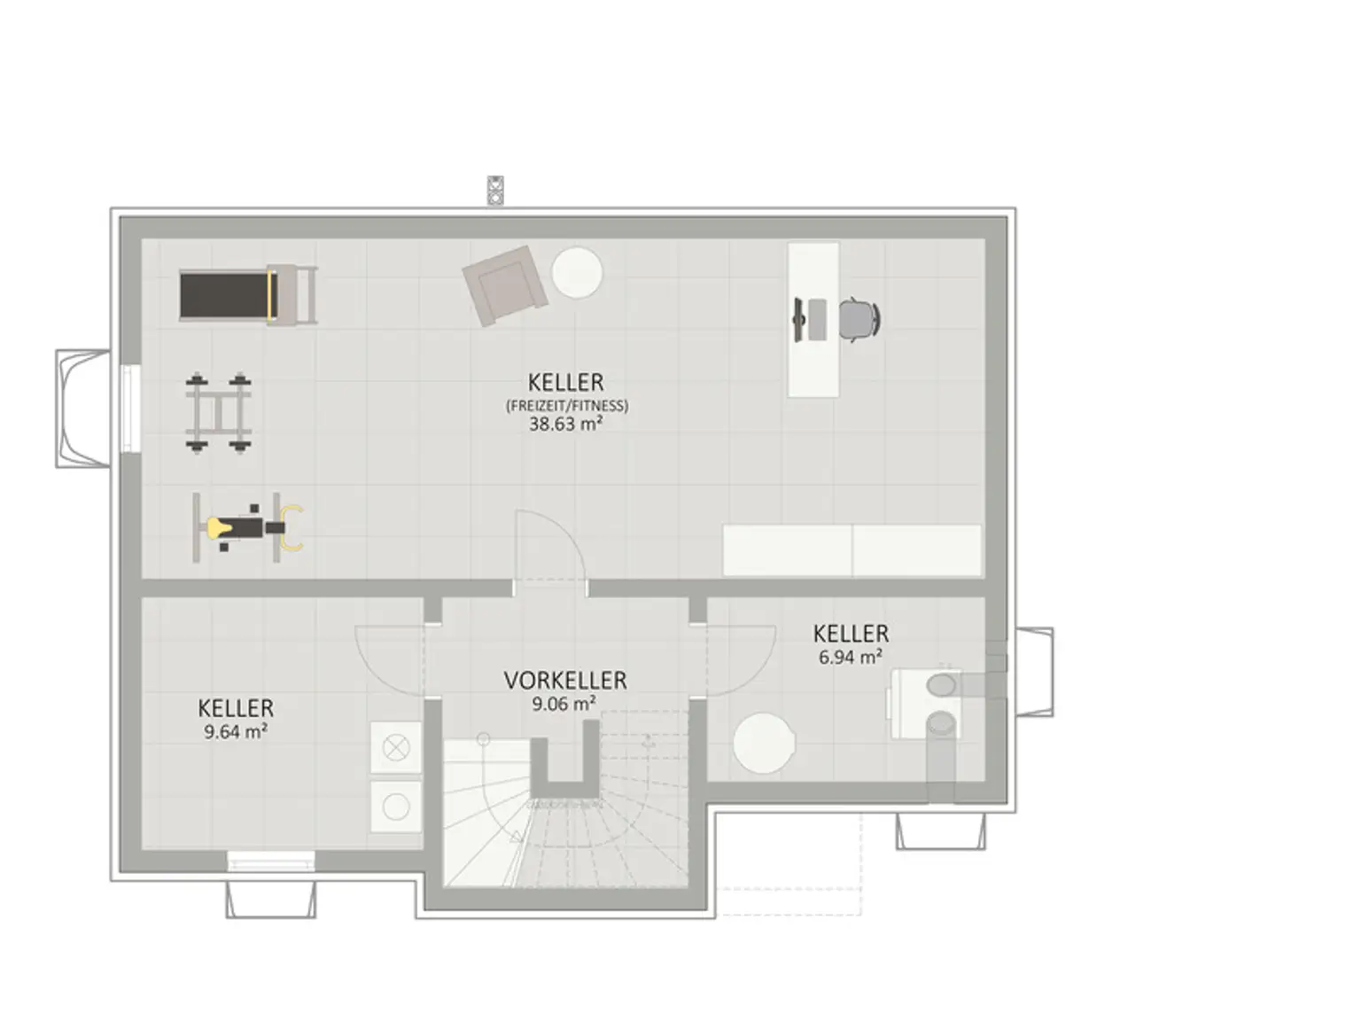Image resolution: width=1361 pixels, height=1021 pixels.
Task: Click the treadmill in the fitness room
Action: tap(248, 295)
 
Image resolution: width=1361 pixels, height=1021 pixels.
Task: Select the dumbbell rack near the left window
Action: tap(218, 412)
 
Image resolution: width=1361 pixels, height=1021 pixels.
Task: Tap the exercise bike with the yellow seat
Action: tap(247, 527)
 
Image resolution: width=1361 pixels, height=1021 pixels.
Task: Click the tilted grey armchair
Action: tap(505, 284)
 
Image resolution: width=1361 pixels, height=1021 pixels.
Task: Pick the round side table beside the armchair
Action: tap(577, 273)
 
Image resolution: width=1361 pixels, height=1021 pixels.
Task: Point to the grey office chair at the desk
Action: tap(860, 319)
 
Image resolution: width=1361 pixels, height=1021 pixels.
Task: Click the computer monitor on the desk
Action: tap(799, 319)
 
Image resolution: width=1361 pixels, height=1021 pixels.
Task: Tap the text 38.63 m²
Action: tap(565, 424)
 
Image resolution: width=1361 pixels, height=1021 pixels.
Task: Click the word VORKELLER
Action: tap(564, 681)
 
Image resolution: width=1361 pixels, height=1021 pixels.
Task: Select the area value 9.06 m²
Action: tap(564, 704)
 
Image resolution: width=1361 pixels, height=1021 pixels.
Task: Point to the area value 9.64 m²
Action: tap(236, 731)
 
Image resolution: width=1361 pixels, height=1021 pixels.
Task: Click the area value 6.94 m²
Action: tap(850, 657)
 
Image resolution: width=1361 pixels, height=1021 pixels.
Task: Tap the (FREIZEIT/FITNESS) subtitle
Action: tap(567, 406)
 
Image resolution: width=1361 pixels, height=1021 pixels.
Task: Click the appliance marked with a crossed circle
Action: tap(396, 748)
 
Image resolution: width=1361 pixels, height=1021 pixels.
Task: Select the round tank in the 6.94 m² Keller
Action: tap(764, 744)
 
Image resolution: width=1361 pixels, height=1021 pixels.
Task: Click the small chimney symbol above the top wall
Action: tap(494, 190)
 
